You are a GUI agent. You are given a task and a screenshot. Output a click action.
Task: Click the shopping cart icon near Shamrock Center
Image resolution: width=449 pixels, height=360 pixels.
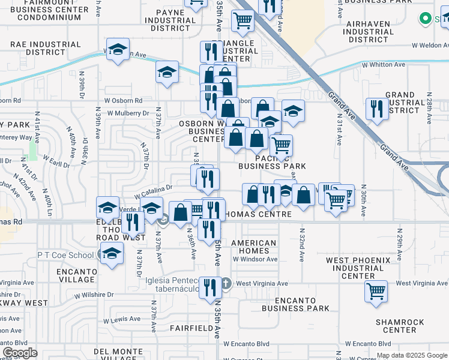point(376,290)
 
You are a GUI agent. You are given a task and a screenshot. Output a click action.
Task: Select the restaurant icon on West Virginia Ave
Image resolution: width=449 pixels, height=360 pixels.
point(209,287)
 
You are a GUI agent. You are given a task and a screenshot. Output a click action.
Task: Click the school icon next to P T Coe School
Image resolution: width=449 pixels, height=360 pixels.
point(112,254)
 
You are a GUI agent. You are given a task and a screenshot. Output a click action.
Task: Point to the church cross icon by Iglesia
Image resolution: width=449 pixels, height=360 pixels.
point(226,283)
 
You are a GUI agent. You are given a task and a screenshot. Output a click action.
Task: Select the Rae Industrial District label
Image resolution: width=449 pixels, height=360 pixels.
point(46,44)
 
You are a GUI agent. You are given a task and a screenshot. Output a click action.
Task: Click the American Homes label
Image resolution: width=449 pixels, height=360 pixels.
point(254,247)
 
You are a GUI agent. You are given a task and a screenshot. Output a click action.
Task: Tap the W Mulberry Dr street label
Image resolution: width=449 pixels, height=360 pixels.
point(128,112)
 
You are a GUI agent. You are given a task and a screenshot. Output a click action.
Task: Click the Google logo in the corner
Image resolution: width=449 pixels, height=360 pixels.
point(20,353)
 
